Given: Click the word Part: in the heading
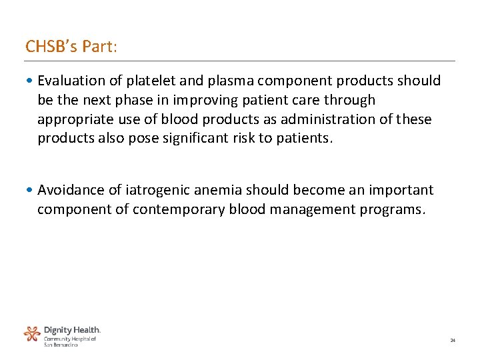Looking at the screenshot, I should coord(97,47).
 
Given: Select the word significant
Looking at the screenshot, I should coord(203,139).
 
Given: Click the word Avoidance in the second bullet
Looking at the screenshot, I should coord(69,190).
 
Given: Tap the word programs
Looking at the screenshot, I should coord(391,209).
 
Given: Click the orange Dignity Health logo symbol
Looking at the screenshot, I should coord(32,333).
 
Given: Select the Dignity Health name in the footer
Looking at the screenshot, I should coord(72,330).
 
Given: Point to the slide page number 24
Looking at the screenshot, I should coord(453,341).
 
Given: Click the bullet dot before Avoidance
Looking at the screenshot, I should coord(30,191).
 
